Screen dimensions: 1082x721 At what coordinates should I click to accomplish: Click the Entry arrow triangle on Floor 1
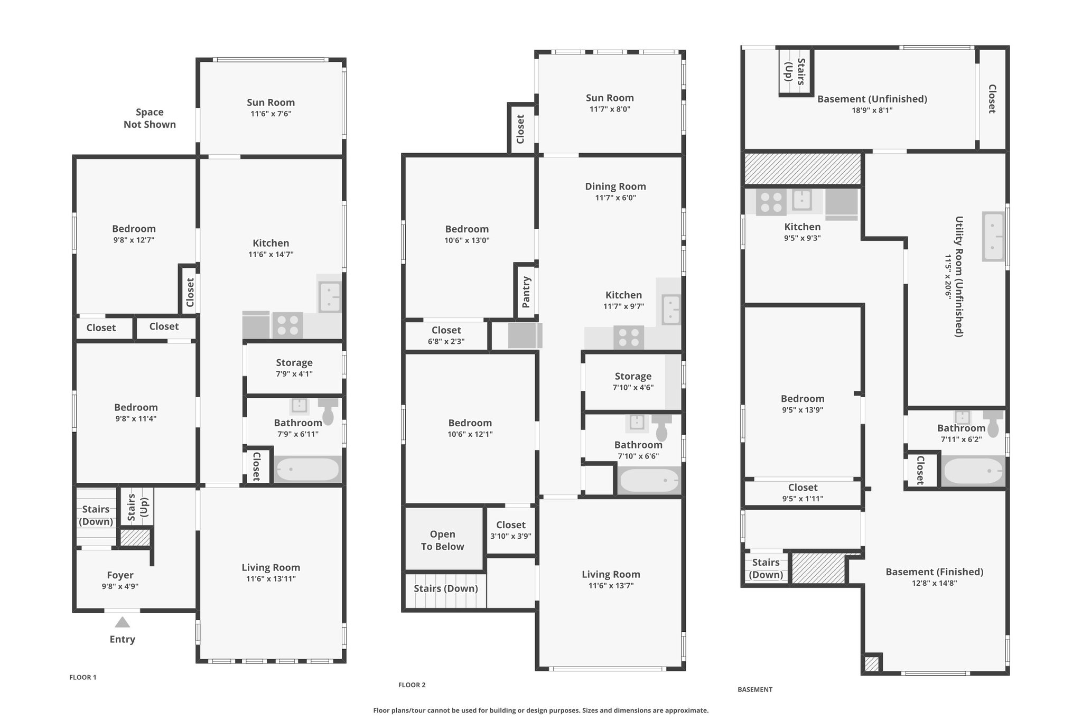[x=123, y=622]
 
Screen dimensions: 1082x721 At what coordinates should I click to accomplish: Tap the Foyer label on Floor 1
[x=120, y=575]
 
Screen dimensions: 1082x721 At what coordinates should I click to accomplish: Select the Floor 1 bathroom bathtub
[x=307, y=470]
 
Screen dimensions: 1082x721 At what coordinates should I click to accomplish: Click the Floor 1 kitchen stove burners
[x=287, y=325]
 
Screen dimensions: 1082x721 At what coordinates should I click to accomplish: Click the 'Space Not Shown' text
[x=150, y=118]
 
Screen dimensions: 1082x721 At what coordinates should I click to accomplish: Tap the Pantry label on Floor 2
[x=526, y=292]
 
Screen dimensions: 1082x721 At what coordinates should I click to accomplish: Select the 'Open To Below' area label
[x=443, y=540]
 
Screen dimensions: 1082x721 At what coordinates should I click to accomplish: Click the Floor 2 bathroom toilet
[x=661, y=427]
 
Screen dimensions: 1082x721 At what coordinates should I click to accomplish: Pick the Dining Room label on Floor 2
[x=615, y=186]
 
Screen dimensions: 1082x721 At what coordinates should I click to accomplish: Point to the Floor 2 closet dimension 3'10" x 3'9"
[x=511, y=536]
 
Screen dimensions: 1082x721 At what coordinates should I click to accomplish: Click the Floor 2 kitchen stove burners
[x=629, y=338]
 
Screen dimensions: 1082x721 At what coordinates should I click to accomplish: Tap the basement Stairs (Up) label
[x=795, y=72]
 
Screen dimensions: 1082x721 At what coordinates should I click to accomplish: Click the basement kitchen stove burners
[x=771, y=202]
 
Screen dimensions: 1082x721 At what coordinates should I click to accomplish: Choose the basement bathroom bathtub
[x=973, y=471]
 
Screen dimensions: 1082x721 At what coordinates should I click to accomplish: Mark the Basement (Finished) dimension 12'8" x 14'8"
[x=935, y=583]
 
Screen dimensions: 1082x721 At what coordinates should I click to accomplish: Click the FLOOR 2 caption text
[x=412, y=685]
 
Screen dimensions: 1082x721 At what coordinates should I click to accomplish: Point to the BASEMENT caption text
[x=755, y=689]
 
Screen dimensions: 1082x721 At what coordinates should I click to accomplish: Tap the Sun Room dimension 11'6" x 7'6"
[x=271, y=114]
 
